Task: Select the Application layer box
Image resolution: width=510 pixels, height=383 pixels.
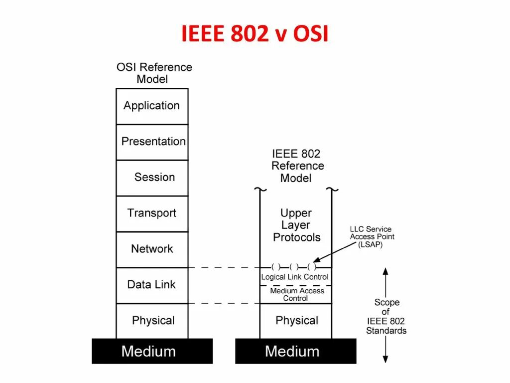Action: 152,106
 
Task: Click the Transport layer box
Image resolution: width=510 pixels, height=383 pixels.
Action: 152,213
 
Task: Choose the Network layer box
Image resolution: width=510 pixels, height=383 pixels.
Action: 152,249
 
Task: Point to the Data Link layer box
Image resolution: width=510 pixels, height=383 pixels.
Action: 152,285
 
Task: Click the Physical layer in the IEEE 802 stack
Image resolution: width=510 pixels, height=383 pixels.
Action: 296,320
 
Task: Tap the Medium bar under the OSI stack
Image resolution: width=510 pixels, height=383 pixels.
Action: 152,351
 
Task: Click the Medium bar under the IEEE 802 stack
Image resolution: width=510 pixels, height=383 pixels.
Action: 295,351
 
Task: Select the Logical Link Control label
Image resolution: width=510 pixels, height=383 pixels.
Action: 295,277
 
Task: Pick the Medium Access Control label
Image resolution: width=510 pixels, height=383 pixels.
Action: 296,294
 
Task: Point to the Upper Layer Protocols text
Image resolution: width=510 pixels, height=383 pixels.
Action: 296,225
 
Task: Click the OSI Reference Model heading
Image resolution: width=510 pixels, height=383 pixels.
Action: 154,73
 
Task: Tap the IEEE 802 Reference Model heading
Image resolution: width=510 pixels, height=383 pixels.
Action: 297,166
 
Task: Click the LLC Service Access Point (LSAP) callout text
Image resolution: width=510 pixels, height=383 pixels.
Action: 371,237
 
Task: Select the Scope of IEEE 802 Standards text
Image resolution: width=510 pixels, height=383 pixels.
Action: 386,316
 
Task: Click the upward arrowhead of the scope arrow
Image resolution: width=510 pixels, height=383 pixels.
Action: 385,272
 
